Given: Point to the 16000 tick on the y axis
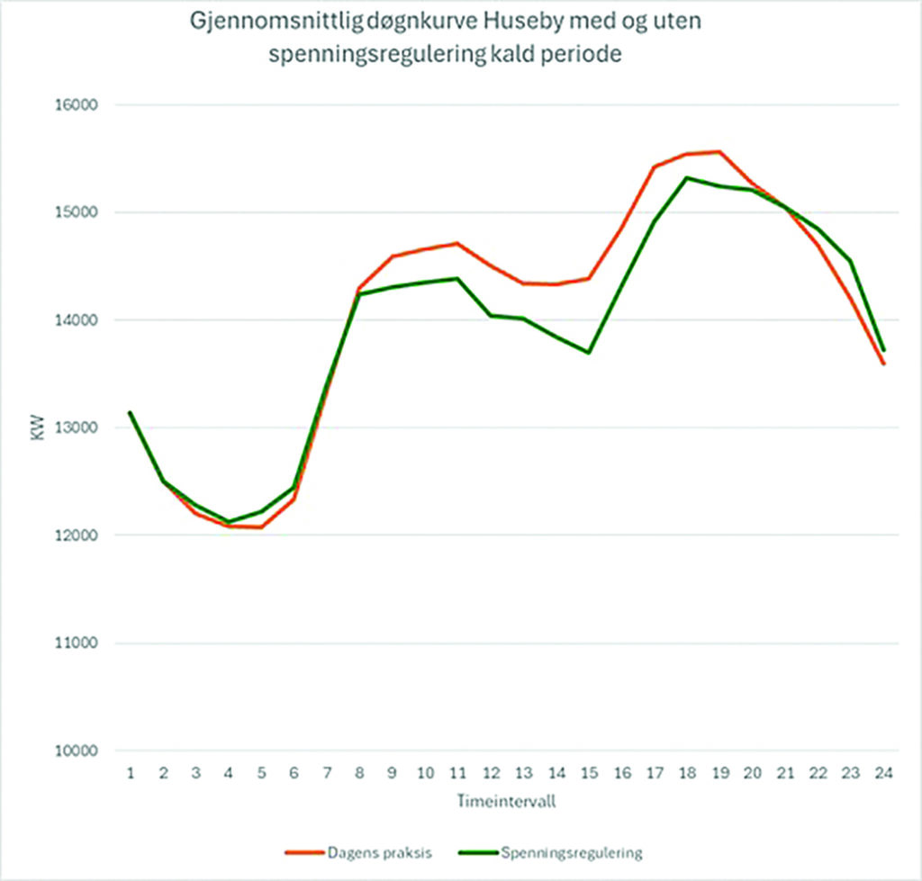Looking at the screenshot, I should pos(77,104).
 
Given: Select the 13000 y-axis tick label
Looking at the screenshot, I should pos(77,427).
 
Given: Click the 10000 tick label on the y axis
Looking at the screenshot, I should pos(77,751).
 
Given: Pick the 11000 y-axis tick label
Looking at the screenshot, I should pos(77,643).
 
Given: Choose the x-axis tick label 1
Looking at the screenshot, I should pos(131,773).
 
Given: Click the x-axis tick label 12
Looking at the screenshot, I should pos(492,773).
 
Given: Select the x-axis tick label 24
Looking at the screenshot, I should pos(884,773).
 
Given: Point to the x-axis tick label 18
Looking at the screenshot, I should pos(688,773).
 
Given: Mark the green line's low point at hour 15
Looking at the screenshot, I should pos(589,352).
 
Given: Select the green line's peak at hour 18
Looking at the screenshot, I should pos(687,177).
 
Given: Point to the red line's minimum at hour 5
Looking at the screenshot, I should pos(262,527).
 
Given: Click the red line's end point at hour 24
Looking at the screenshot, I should pos(884,364).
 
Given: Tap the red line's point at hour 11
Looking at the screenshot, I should pos(458,243).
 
